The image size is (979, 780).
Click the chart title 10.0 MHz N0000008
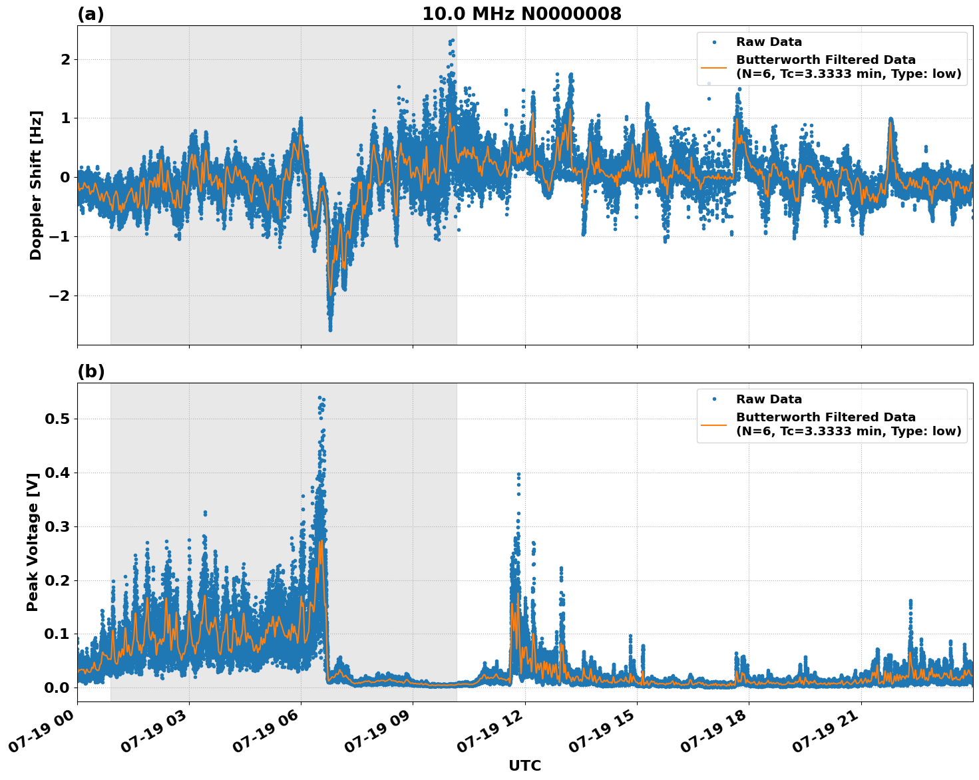522,14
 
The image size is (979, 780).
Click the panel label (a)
91,14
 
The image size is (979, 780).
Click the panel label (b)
91,371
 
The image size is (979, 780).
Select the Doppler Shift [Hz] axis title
36,185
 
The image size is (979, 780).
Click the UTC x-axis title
524,765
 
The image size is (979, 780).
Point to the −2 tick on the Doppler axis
59,295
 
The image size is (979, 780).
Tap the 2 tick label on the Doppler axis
65,60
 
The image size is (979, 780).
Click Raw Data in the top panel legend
769,42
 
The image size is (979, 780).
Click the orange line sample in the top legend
714,67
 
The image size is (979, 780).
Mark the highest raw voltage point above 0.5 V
319,398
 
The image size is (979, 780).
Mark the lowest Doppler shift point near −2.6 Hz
330,329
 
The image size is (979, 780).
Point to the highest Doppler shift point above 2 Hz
453,41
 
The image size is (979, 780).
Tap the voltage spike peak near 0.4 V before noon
518,475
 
